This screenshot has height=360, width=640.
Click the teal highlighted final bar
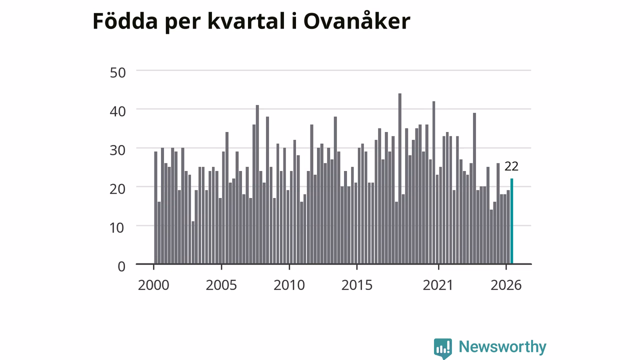tap(511, 221)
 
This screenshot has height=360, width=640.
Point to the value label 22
tap(511, 166)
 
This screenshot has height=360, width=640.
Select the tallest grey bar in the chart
tap(399, 178)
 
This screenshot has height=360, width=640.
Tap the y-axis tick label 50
tap(117, 72)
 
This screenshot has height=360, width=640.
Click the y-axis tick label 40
tap(117, 111)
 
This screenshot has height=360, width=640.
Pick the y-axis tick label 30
tap(117, 150)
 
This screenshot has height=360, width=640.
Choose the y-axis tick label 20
tap(117, 189)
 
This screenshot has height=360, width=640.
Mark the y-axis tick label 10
tap(117, 228)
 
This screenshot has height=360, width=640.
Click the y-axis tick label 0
tap(121, 267)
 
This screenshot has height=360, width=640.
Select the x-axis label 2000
tap(153, 285)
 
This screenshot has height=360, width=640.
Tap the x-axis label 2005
tap(221, 285)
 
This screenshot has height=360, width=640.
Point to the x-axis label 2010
tap(289, 285)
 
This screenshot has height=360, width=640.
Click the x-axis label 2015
tap(357, 285)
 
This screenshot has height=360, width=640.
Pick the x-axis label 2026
tap(506, 285)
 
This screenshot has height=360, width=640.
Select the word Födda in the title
tap(125, 21)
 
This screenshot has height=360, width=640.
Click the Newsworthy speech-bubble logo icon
tap(443, 348)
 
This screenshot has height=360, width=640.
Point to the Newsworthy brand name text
tap(502, 347)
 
